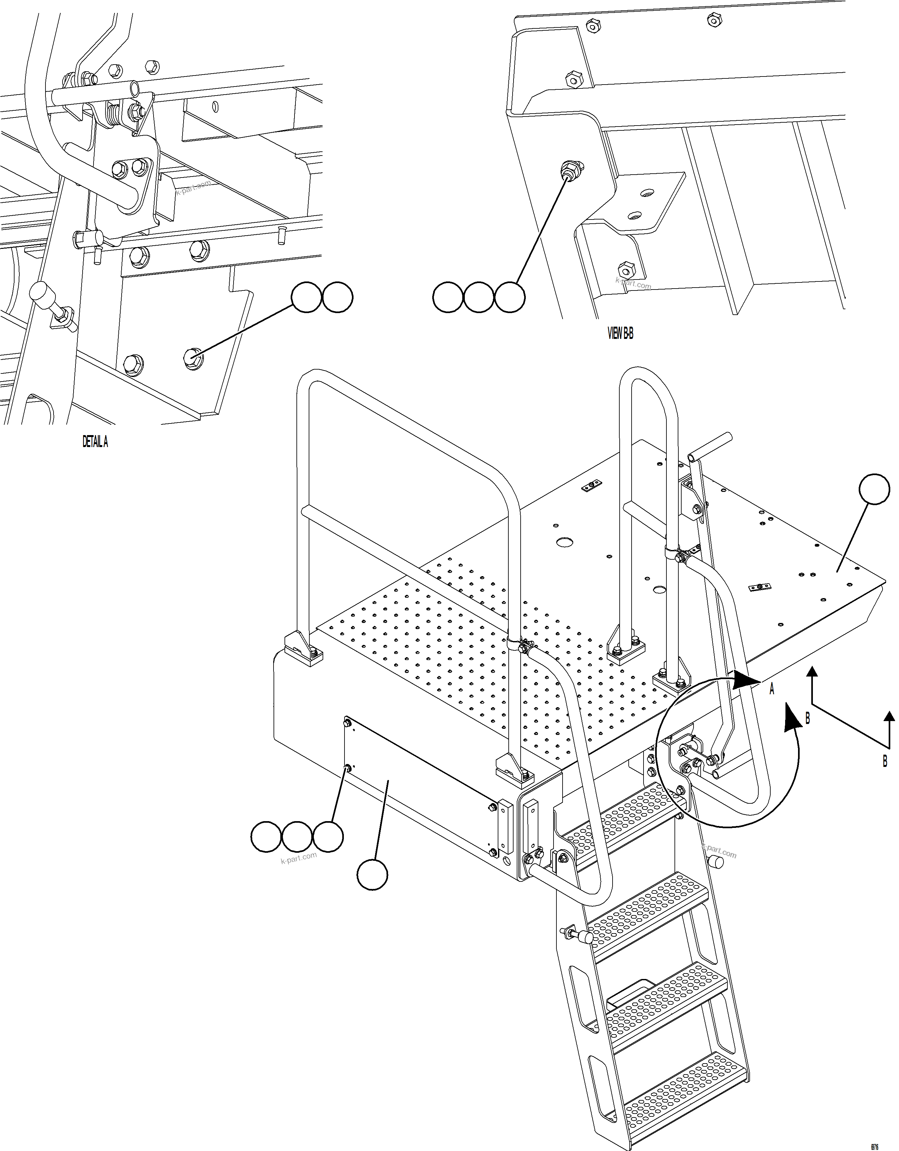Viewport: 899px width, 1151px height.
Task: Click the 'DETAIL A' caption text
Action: (x=95, y=442)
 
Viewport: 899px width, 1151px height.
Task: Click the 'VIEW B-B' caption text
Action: (x=620, y=334)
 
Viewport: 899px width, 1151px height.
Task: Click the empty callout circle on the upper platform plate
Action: (x=874, y=489)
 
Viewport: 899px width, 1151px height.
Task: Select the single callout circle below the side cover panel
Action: (x=372, y=875)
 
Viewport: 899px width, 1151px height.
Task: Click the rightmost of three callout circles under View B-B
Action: (x=509, y=298)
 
